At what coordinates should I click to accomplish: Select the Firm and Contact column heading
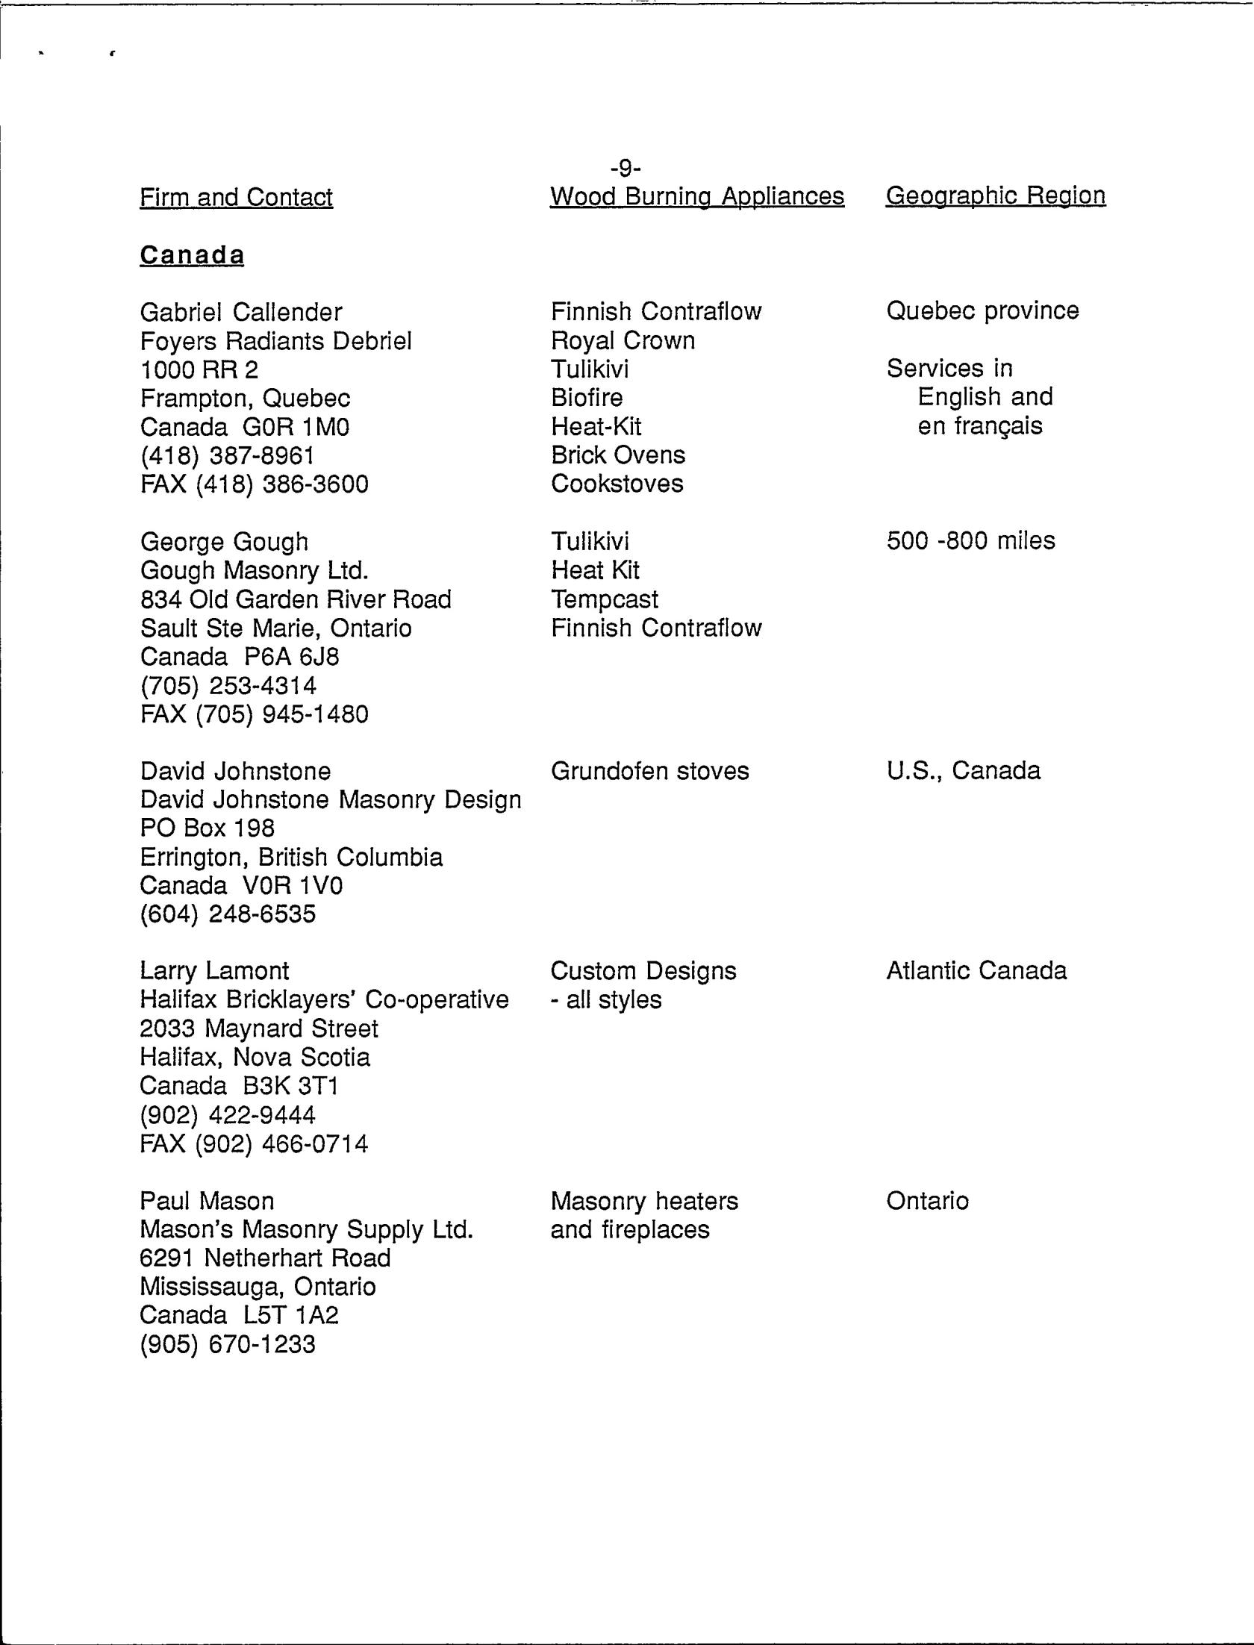coord(236,197)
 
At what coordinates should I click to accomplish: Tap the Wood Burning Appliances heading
coord(696,196)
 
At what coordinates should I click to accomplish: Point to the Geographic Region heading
coord(995,196)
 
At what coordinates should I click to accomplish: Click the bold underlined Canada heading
coord(192,255)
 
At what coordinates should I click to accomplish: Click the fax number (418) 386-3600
coord(254,484)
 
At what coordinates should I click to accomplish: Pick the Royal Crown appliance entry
coord(623,340)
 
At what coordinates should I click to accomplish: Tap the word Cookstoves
coord(617,484)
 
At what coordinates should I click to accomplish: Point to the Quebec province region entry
coord(982,310)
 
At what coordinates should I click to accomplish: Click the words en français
coord(979,426)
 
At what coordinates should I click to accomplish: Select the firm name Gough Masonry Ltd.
coord(254,571)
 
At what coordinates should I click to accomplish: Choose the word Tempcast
coord(605,599)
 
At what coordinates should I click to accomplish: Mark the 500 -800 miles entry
coord(970,540)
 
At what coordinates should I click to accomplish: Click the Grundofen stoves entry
coord(649,770)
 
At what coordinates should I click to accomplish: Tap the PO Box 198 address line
coord(207,828)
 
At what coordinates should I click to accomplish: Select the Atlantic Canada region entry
coord(976,970)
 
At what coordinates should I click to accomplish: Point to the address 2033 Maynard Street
coord(258,1028)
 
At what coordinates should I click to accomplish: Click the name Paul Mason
coord(207,1201)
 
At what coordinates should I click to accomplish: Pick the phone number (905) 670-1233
coord(228,1344)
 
